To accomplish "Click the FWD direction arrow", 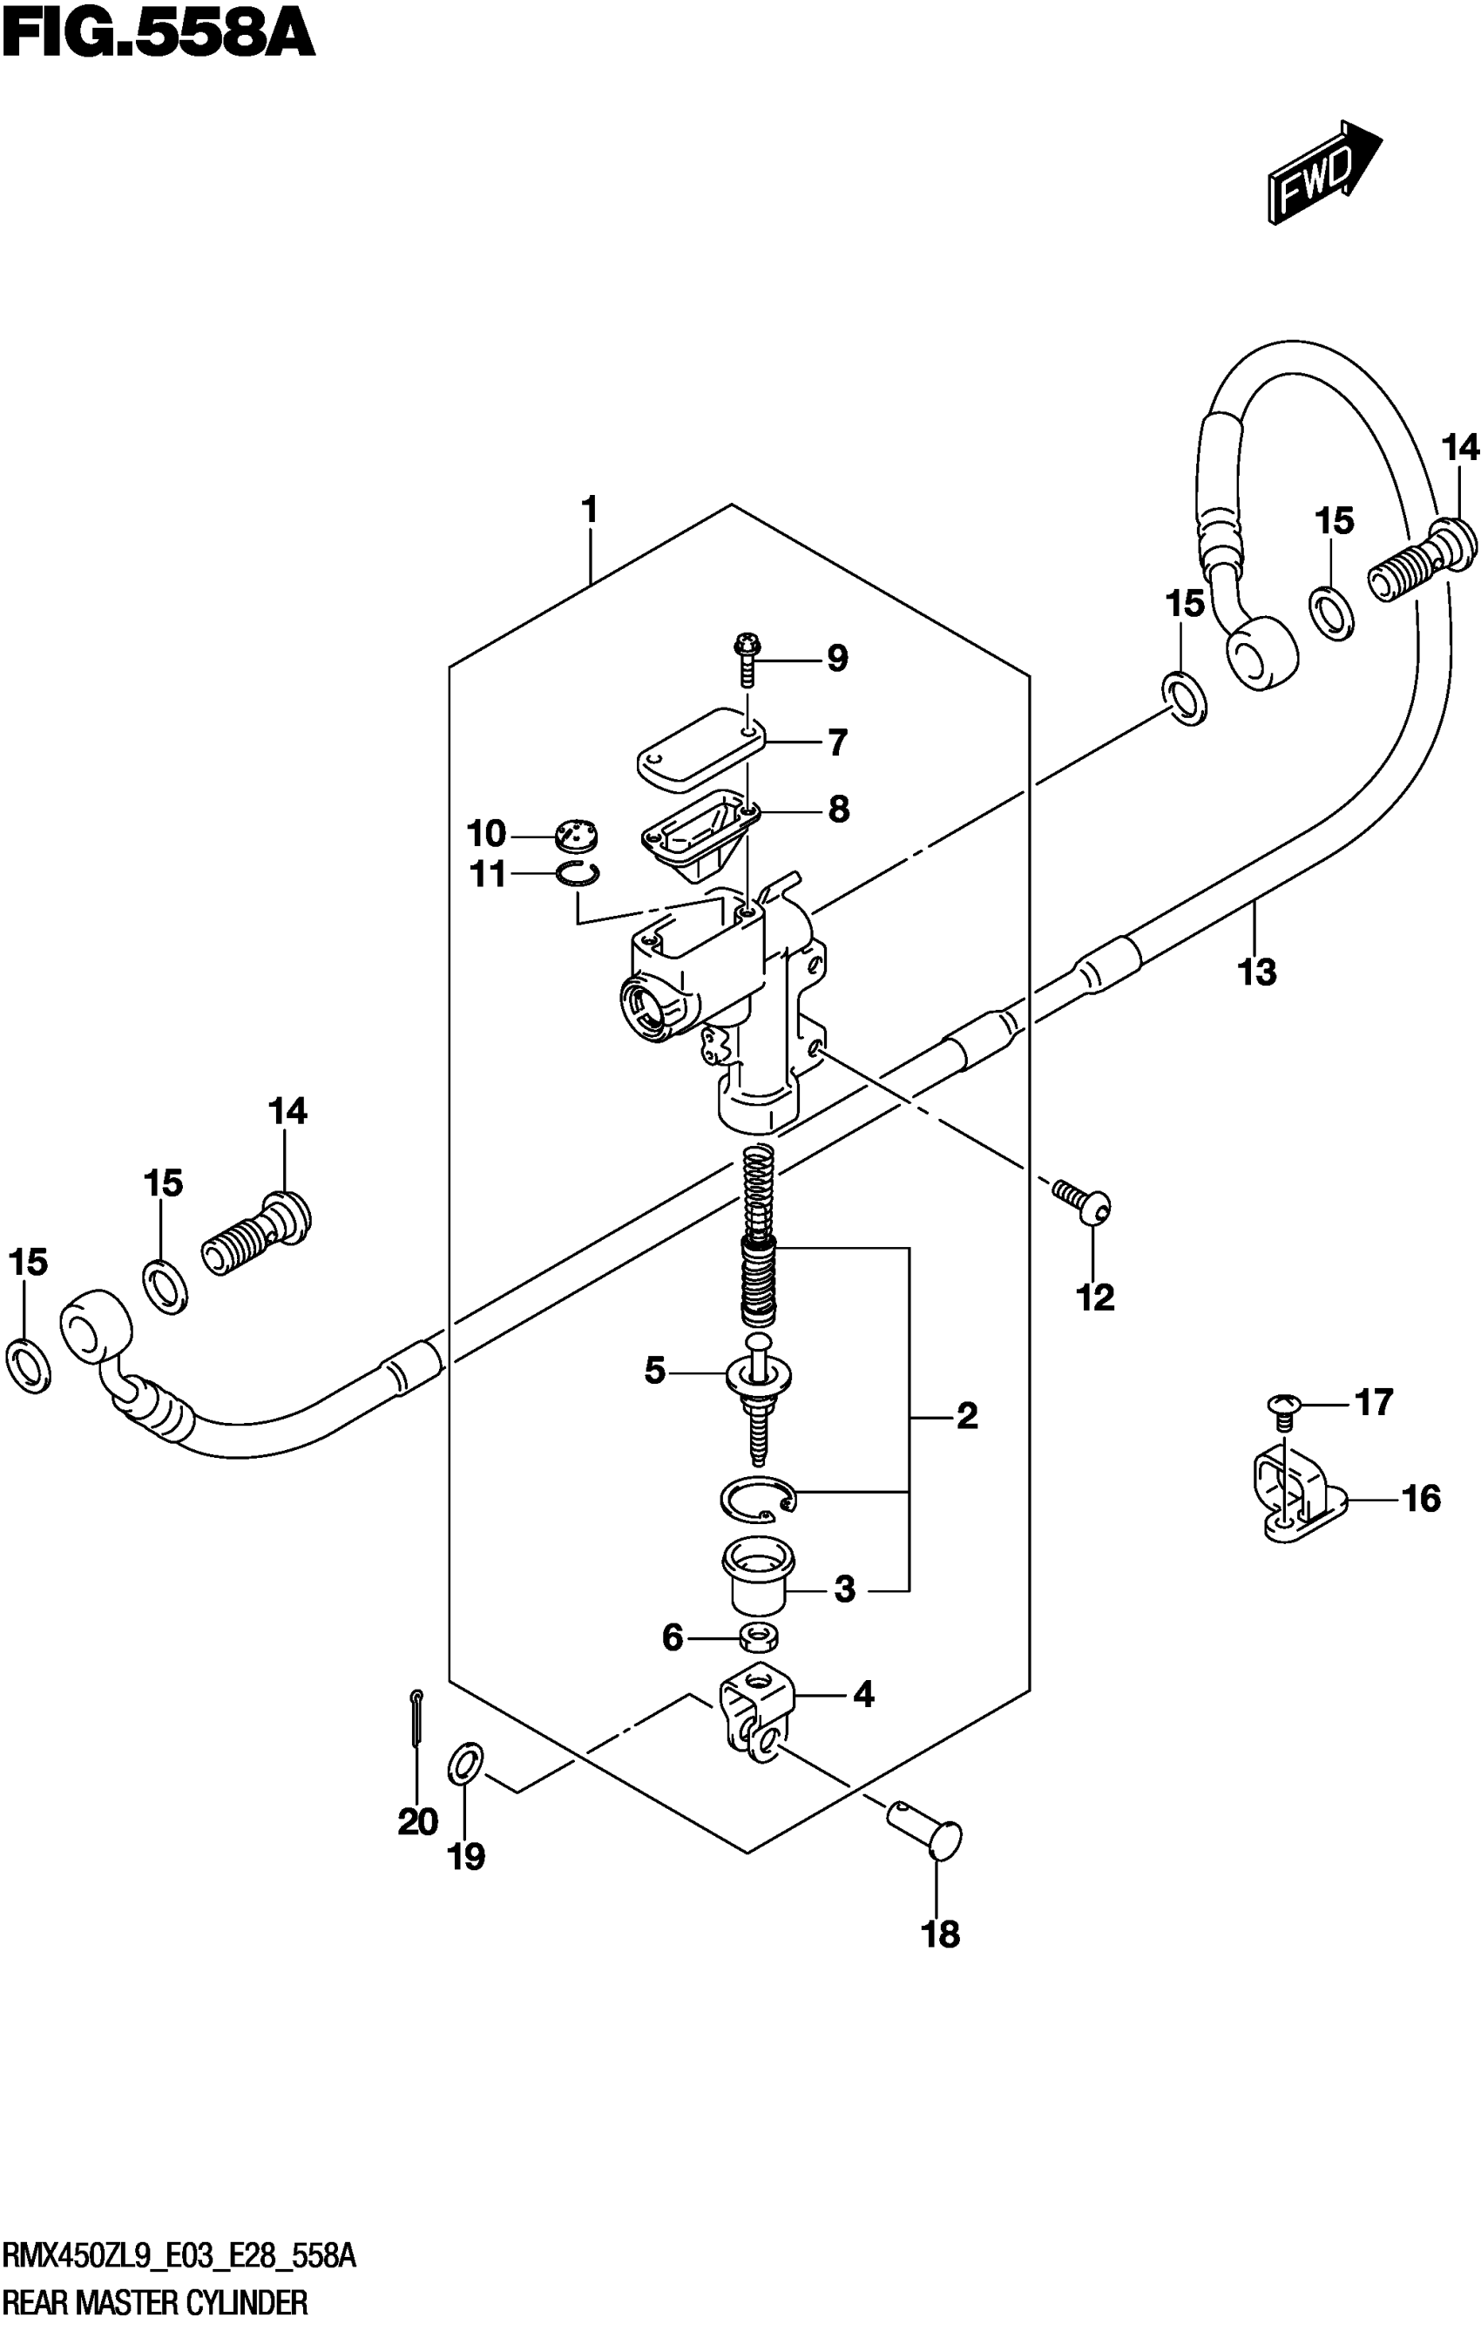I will coord(1323,173).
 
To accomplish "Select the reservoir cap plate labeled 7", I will coord(700,748).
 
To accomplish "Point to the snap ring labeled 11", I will coord(578,873).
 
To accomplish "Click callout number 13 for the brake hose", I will coord(1257,972).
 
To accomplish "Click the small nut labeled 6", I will coord(760,1638).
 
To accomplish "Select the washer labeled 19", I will coord(464,1764).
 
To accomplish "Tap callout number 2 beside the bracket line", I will coord(966,1417).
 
